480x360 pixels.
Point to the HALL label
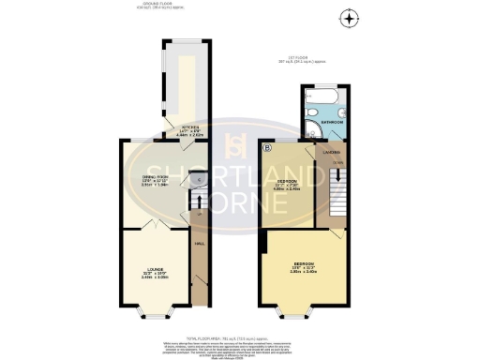pyautogui.click(x=199, y=245)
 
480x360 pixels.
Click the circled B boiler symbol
pyautogui.click(x=267, y=147)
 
